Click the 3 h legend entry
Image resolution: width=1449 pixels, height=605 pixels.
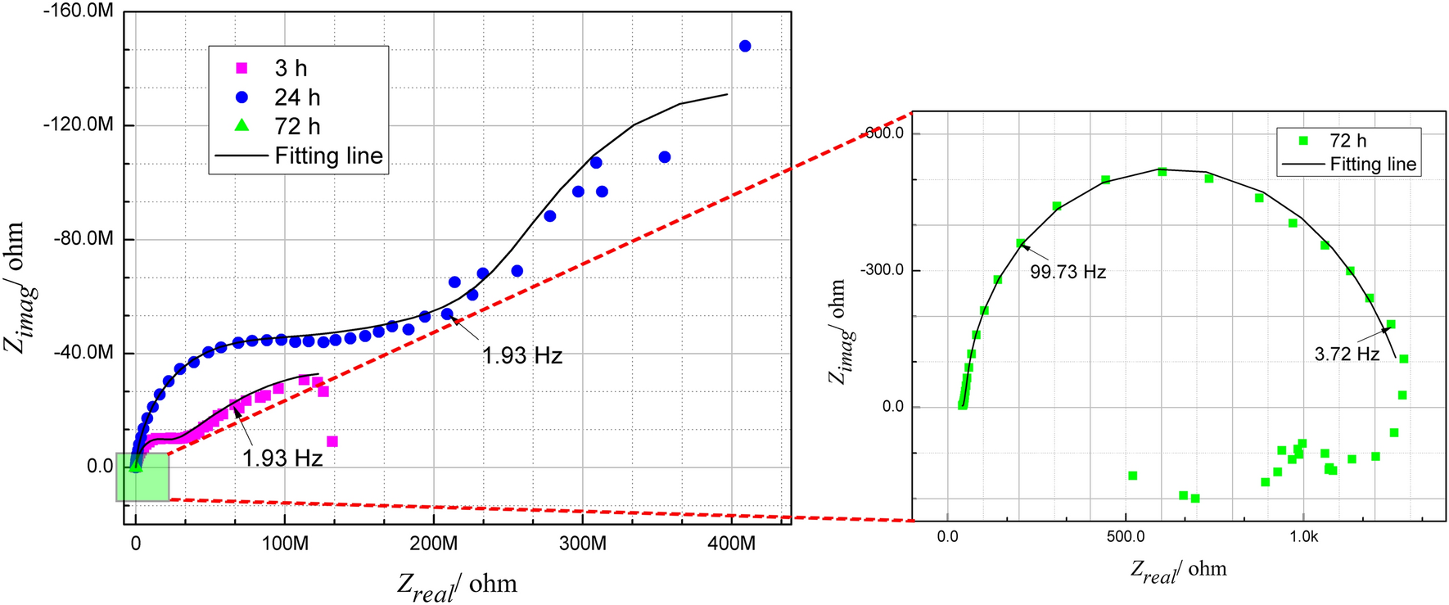click(291, 69)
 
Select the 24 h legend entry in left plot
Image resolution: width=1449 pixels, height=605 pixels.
click(296, 97)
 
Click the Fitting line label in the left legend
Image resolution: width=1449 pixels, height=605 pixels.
click(328, 156)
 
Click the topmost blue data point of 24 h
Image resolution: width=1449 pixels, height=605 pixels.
click(745, 47)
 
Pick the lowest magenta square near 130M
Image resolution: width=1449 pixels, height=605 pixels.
click(332, 441)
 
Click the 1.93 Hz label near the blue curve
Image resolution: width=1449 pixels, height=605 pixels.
click(522, 355)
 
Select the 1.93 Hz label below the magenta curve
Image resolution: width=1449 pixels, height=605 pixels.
click(282, 458)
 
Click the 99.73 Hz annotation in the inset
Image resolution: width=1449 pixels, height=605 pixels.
click(1068, 272)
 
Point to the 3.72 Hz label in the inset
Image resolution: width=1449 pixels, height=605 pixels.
click(1347, 354)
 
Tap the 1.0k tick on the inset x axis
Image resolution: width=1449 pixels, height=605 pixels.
click(1303, 538)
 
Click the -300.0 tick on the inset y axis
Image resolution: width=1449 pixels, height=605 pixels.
click(882, 270)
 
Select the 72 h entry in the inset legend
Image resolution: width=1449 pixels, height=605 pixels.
click(1347, 141)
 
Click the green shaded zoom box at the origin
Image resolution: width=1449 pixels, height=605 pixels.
click(143, 477)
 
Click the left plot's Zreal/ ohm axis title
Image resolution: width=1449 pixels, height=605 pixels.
click(457, 585)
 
